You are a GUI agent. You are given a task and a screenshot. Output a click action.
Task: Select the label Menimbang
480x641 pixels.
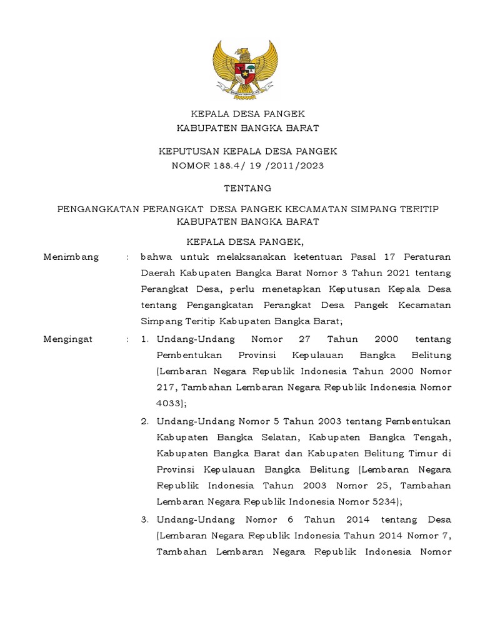pyautogui.click(x=71, y=257)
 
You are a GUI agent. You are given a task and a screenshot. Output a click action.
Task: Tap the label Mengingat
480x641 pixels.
pyautogui.click(x=67, y=339)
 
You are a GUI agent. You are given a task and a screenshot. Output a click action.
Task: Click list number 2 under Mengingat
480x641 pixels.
pyautogui.click(x=144, y=421)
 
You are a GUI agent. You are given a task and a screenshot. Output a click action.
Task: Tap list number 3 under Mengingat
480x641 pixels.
pyautogui.click(x=144, y=520)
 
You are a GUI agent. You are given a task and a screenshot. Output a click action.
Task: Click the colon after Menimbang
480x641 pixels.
pyautogui.click(x=127, y=257)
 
